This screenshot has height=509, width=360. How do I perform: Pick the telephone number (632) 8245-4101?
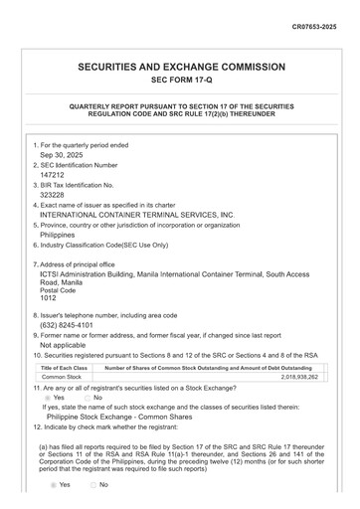(67, 325)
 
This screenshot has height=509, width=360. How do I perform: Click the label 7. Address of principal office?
(81, 264)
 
